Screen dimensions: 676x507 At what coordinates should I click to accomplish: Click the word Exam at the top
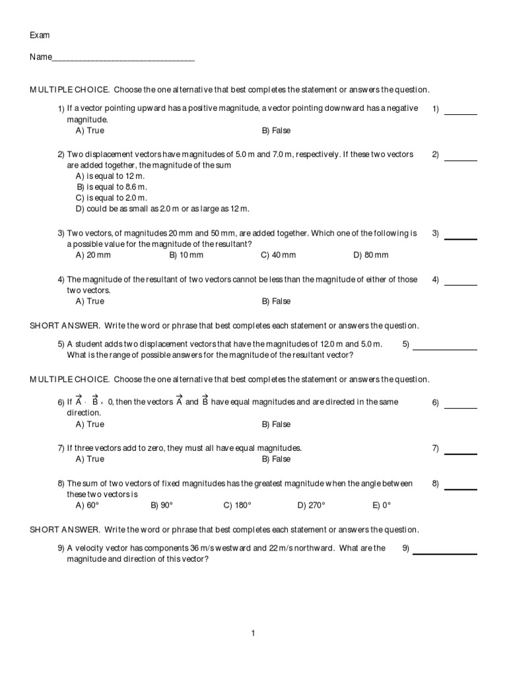click(40, 35)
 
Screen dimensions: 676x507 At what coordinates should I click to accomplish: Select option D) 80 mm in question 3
click(371, 255)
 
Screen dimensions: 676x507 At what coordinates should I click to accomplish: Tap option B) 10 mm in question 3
click(186, 255)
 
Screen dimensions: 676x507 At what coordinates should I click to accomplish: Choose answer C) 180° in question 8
click(238, 505)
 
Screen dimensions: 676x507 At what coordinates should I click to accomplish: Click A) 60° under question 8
click(87, 505)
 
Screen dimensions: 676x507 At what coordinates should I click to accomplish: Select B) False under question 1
click(276, 131)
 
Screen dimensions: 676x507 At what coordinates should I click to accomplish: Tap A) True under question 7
click(90, 459)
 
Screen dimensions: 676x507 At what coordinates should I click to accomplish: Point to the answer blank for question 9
click(445, 553)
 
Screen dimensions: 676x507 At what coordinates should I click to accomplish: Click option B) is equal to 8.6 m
click(112, 187)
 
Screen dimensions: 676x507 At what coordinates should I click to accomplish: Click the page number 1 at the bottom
click(253, 634)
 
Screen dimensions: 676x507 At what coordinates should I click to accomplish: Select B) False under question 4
click(276, 301)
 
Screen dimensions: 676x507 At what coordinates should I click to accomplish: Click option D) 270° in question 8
click(311, 505)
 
